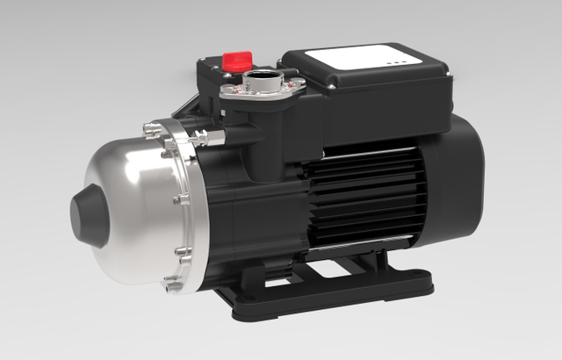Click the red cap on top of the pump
pos(237,61)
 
